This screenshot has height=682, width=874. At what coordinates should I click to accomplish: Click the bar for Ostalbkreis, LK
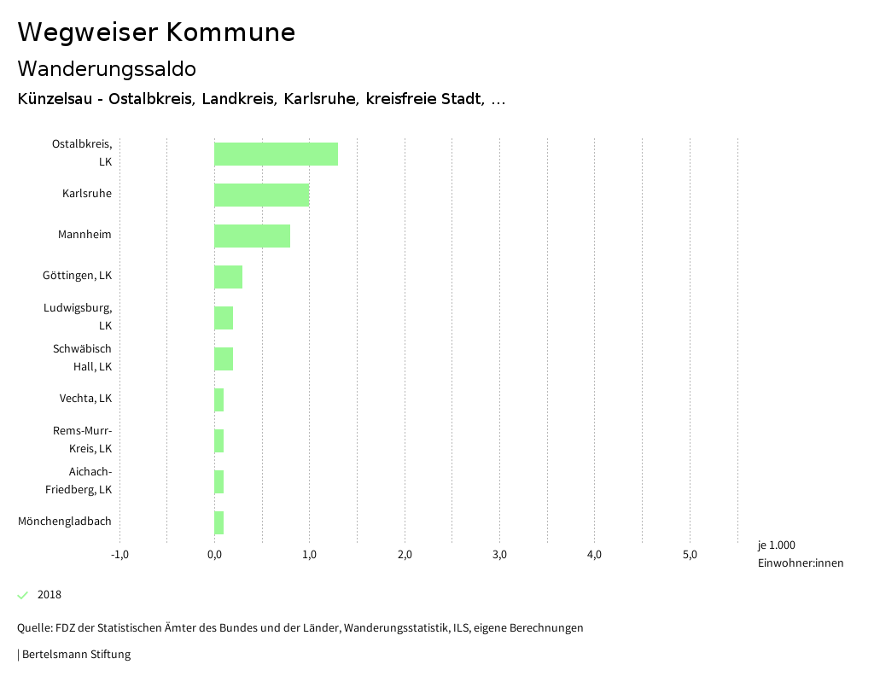[276, 154]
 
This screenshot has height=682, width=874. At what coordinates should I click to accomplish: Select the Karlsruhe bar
[261, 195]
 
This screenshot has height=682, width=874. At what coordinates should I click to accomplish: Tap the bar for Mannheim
[252, 236]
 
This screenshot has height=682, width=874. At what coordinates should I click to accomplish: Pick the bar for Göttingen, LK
[228, 277]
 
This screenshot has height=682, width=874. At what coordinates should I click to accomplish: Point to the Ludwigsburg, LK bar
[224, 318]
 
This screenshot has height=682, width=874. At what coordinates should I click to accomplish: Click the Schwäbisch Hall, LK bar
[224, 358]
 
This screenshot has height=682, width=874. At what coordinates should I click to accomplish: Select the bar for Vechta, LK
[219, 399]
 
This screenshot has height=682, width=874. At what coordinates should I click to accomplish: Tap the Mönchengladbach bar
[219, 522]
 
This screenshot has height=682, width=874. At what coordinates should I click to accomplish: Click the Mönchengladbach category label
[65, 521]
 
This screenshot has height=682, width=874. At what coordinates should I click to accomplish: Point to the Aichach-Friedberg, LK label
[79, 481]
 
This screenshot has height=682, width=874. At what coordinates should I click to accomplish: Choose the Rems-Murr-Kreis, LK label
[82, 440]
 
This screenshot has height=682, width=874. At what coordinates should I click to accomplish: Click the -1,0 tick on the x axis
[119, 555]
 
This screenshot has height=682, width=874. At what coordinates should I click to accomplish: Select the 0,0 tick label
[214, 555]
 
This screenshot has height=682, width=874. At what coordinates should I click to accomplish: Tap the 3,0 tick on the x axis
[500, 555]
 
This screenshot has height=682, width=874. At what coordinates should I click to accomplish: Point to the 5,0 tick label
[690, 555]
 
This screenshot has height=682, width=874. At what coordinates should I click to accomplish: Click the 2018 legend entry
[49, 595]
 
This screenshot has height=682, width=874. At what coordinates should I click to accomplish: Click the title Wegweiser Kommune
[156, 32]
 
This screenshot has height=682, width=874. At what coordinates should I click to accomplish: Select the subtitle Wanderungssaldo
[107, 68]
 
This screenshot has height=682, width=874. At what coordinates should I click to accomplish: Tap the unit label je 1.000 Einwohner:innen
[800, 554]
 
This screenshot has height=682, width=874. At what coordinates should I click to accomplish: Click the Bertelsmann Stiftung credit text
[75, 655]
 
